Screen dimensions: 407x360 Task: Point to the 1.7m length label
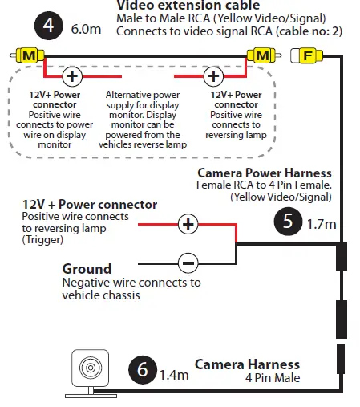click(x=322, y=226)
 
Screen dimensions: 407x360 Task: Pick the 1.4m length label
click(x=173, y=374)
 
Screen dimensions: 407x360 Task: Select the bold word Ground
click(x=87, y=269)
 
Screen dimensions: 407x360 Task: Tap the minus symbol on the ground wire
click(x=188, y=262)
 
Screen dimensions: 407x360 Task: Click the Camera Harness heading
click(x=247, y=364)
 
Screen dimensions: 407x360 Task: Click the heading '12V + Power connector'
click(x=89, y=205)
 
